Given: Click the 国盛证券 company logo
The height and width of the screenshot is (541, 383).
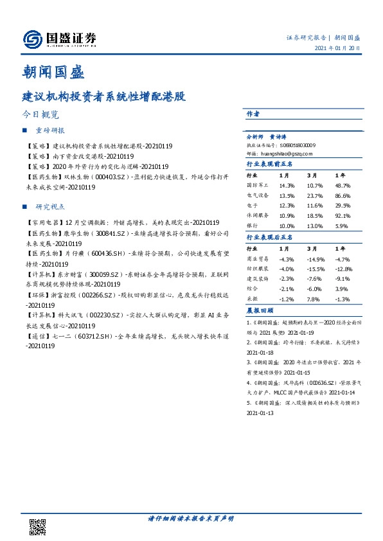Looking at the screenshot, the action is (x=60, y=39).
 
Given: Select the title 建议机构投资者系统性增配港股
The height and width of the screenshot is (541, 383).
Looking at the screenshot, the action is (x=104, y=96).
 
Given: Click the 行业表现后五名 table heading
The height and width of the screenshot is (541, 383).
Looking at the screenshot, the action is (x=270, y=238).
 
